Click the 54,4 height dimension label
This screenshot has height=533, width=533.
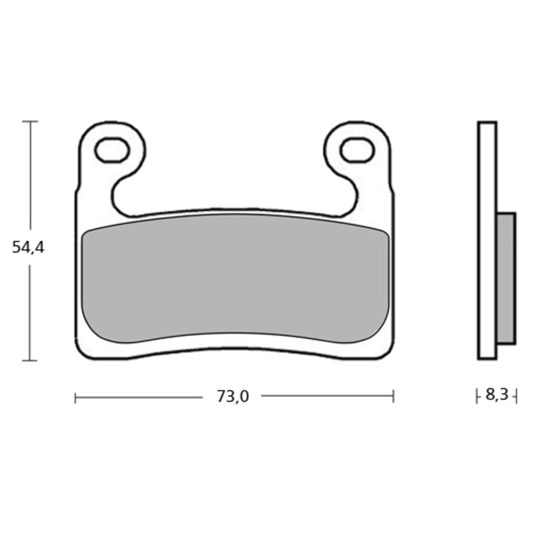(28, 248)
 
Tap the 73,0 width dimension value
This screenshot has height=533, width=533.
(233, 397)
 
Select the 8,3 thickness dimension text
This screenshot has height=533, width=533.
(496, 395)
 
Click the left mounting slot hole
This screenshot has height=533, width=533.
(112, 151)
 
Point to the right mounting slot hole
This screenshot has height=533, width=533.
(356, 150)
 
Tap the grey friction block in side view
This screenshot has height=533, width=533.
(506, 278)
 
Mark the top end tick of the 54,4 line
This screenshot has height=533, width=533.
(30, 122)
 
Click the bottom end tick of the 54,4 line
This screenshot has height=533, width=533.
(30, 360)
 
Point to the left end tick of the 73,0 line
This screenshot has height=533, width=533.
(75, 397)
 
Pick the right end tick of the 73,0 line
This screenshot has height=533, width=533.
(394, 397)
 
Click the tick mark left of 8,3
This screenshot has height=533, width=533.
(477, 396)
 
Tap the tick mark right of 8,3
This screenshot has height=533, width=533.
(516, 396)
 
